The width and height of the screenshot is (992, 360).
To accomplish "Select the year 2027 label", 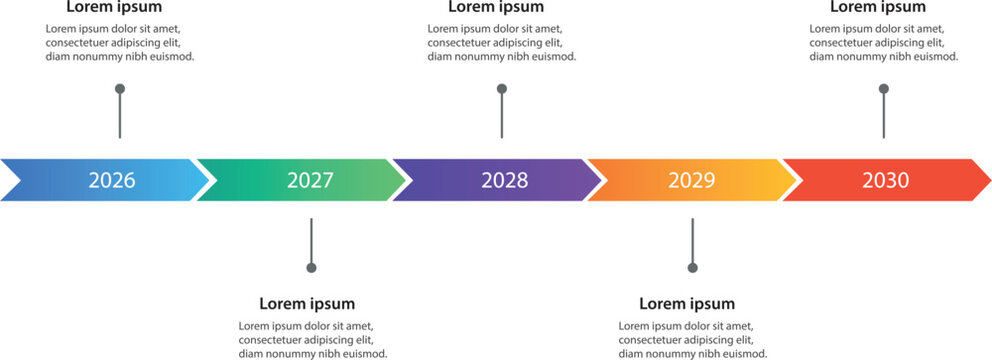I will click(310, 181).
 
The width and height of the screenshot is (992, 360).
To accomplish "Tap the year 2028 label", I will click(504, 181).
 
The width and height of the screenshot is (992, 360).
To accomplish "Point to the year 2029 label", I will click(692, 181).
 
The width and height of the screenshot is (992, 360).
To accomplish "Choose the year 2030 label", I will click(885, 181).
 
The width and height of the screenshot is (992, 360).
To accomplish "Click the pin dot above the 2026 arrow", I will click(120, 89).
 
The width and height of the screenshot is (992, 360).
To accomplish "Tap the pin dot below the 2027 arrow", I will click(311, 268).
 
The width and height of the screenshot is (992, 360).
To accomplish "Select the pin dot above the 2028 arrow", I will click(502, 89).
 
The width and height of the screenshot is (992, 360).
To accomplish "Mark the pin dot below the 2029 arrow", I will click(692, 268).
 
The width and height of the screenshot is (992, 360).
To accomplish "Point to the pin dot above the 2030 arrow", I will click(883, 89).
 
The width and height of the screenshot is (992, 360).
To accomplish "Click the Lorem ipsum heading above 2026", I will click(113, 8).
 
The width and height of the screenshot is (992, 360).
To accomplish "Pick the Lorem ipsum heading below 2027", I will click(306, 304).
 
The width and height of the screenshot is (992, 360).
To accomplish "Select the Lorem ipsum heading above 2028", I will click(495, 8).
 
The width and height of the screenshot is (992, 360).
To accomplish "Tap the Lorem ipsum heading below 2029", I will click(686, 304).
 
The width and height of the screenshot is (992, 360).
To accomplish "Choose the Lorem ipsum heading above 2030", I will click(877, 8).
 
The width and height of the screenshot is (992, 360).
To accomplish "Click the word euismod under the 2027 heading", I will click(363, 354).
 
